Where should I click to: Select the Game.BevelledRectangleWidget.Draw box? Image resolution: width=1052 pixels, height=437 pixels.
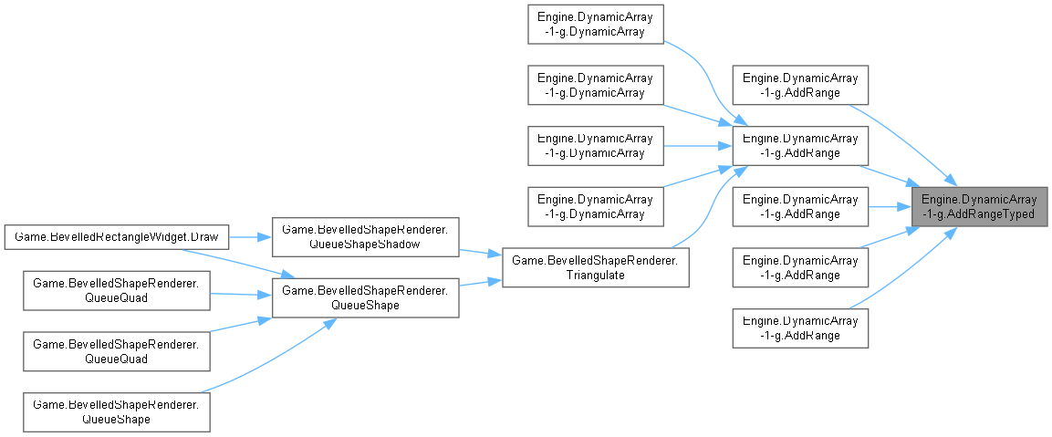[113, 237]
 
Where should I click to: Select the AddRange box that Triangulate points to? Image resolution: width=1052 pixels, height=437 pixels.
[799, 146]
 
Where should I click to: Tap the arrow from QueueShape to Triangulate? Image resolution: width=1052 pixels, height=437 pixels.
[479, 283]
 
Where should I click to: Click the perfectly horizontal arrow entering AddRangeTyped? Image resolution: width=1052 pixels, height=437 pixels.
[890, 207]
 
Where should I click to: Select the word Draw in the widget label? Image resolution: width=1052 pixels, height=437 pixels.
[204, 237]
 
